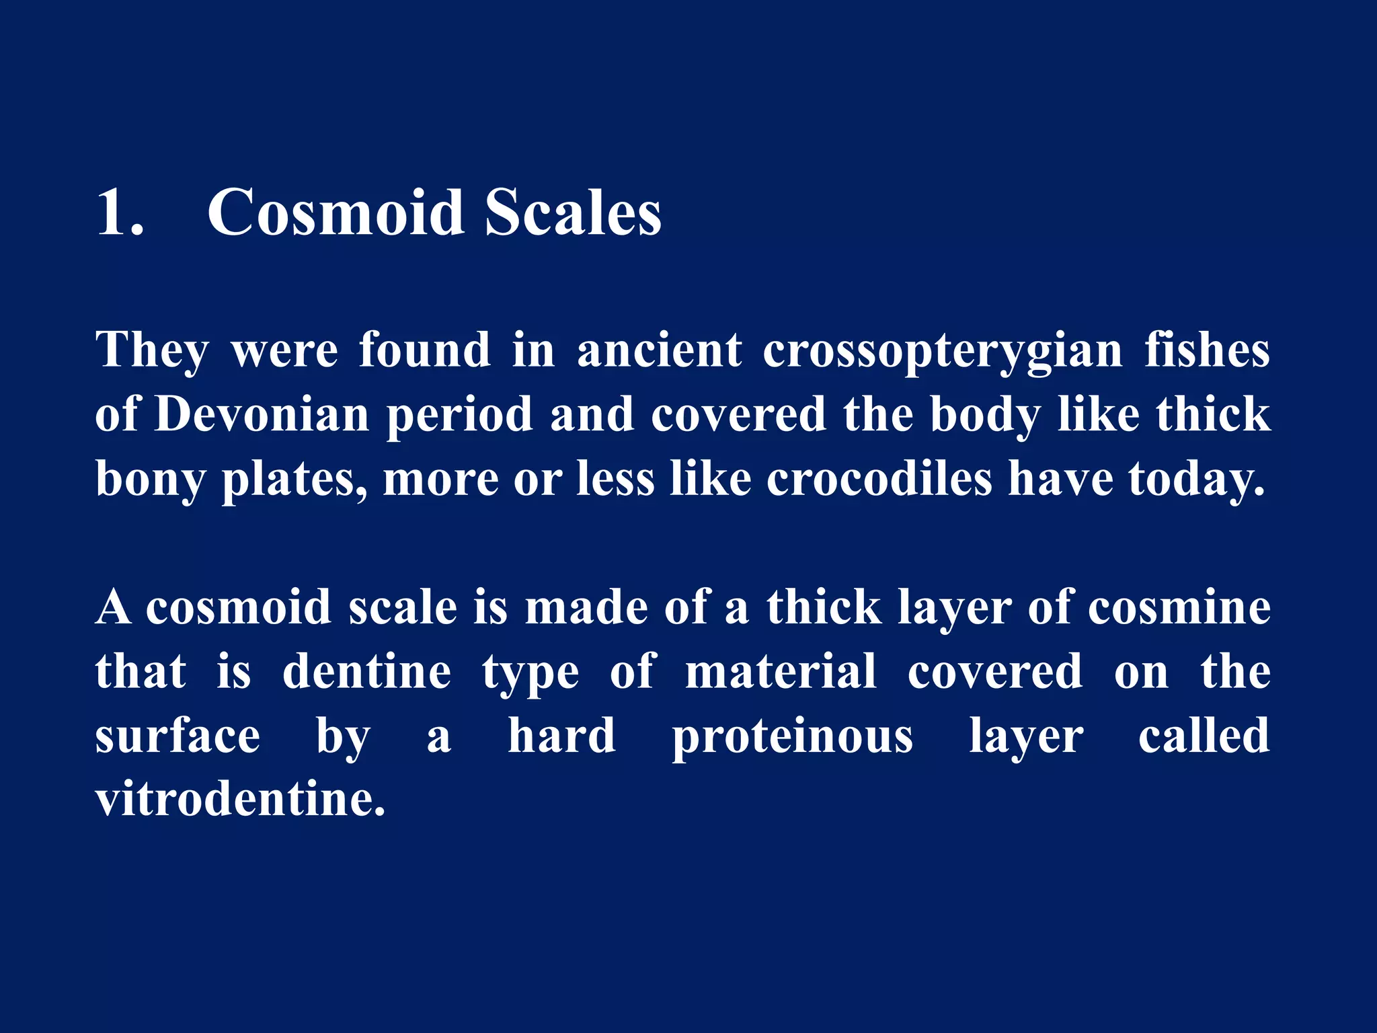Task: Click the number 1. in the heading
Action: [x=120, y=213]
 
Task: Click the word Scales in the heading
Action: [x=573, y=213]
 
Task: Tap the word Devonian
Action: [x=262, y=414]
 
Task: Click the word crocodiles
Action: [x=879, y=479]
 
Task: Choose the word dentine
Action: [x=366, y=671]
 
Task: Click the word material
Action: [x=781, y=671]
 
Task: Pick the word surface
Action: [x=178, y=736]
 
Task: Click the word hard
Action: [x=561, y=736]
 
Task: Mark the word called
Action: [x=1204, y=736]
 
